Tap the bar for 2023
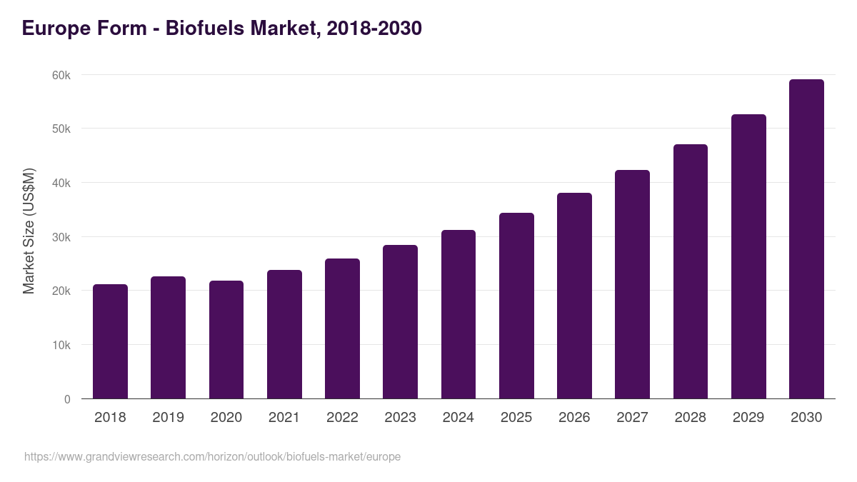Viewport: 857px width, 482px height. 400,322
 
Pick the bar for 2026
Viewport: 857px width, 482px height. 574,296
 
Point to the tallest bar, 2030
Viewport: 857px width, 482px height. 806,239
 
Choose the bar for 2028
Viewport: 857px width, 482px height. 690,271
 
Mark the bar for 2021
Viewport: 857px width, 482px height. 284,334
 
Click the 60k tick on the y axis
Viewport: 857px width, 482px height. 61,75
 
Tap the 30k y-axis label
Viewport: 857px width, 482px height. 61,237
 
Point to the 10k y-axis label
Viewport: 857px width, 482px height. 61,345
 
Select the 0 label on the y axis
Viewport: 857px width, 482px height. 67,399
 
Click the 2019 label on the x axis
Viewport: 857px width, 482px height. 168,417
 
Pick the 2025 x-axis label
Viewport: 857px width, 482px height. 516,417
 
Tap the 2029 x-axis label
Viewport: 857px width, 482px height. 748,417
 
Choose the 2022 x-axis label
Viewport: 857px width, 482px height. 342,417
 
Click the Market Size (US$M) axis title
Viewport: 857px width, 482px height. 29,231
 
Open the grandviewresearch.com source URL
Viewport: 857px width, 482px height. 212,456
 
